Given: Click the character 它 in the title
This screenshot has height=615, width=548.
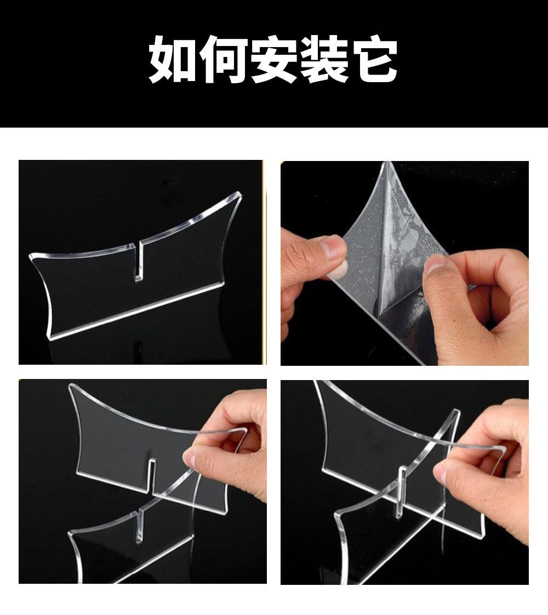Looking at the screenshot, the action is pyautogui.click(x=374, y=59).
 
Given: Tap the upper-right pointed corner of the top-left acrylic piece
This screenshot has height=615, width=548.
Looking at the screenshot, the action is pyautogui.click(x=239, y=194).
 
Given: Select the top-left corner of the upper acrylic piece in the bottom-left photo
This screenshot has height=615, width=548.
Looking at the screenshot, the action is pyautogui.click(x=71, y=386).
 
